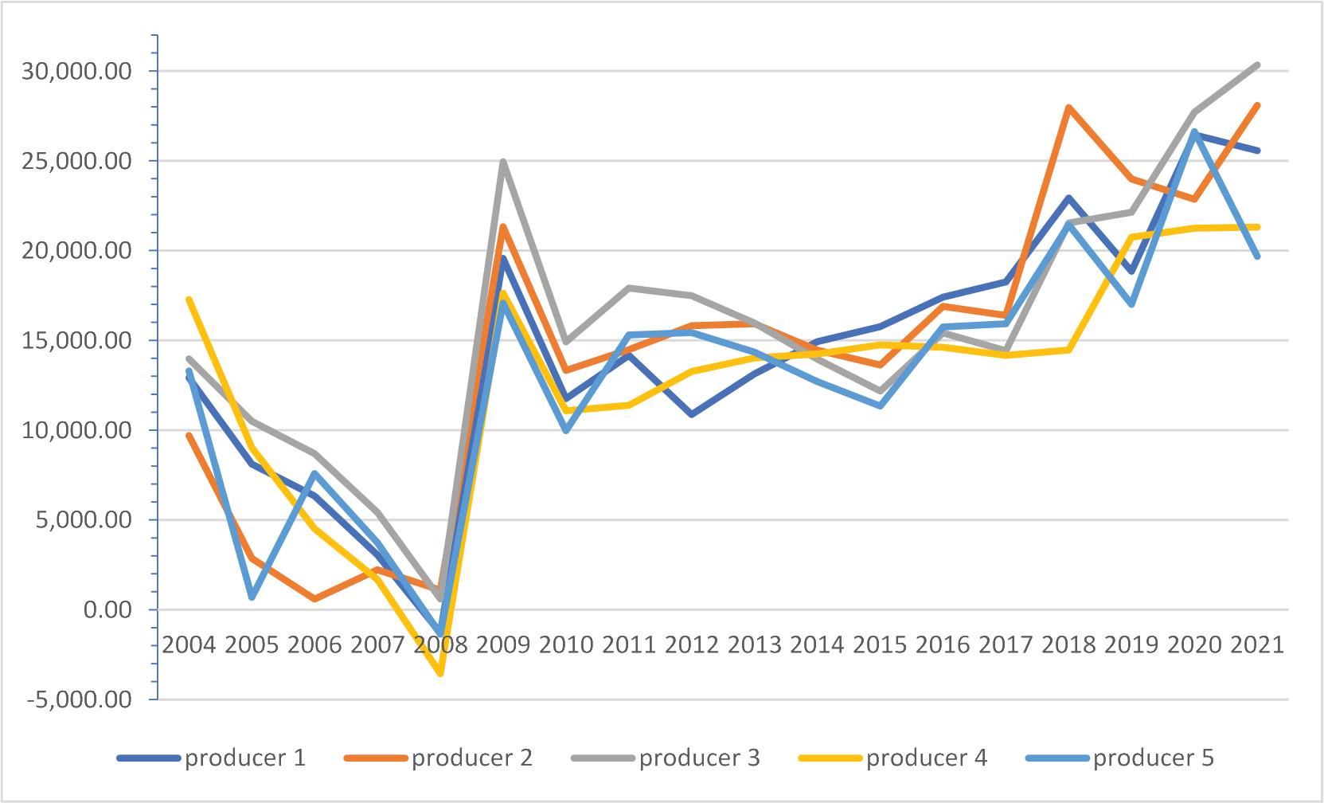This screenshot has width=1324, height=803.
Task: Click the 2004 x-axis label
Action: tap(189, 644)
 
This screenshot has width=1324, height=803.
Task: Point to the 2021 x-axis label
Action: tap(1258, 644)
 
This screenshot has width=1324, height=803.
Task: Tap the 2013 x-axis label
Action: tap(755, 644)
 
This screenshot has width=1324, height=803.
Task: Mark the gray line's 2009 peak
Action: tap(503, 162)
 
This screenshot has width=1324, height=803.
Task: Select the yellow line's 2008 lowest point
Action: tap(440, 674)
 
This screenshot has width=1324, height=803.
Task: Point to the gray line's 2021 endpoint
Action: tap(1258, 65)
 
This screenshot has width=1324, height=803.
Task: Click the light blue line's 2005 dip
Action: tap(252, 597)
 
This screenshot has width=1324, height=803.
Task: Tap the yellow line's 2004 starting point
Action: tap(189, 300)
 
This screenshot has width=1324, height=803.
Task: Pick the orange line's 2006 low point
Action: tap(314, 599)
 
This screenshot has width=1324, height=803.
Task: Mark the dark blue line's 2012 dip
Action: tap(692, 415)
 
